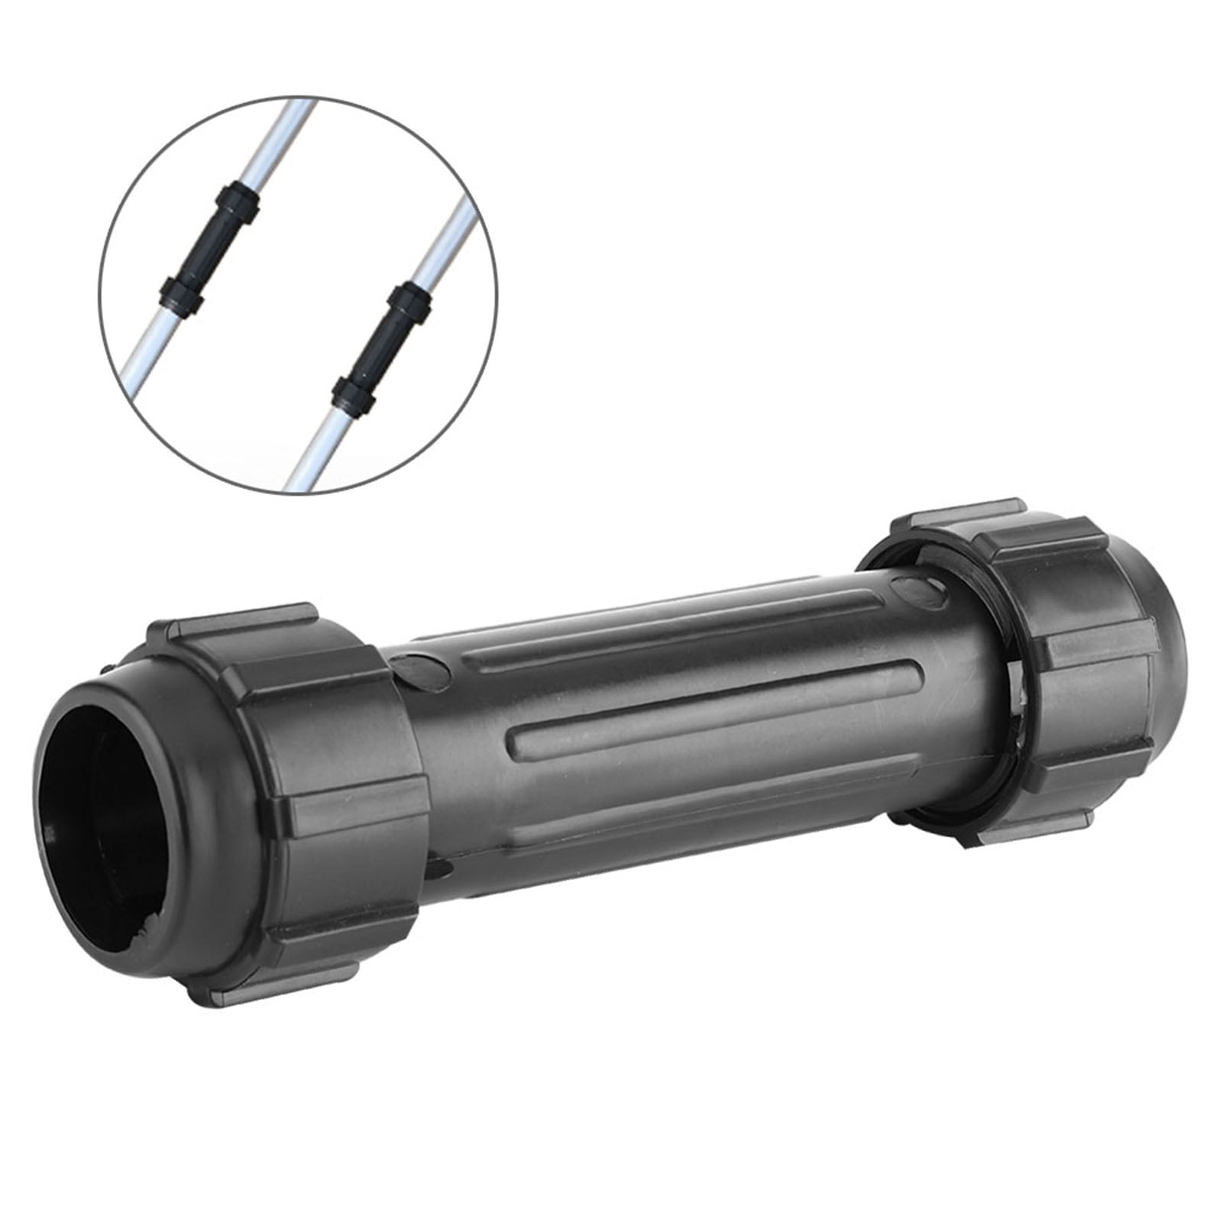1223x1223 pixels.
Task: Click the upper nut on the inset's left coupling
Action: (x=239, y=202)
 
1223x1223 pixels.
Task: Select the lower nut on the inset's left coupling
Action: (x=182, y=296)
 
